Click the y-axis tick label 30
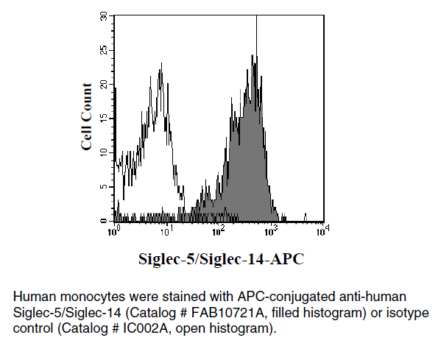click(104, 16)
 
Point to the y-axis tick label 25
click(104, 50)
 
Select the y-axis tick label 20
click(104, 85)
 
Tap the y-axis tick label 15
click(104, 119)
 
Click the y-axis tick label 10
click(104, 152)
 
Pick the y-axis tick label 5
click(104, 187)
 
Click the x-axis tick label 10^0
click(113, 231)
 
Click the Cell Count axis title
click(86, 117)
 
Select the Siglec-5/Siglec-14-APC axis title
click(222, 258)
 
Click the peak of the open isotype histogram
click(161, 63)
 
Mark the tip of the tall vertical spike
click(256, 15)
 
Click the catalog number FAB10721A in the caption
click(228, 312)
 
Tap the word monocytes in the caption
click(93, 297)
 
